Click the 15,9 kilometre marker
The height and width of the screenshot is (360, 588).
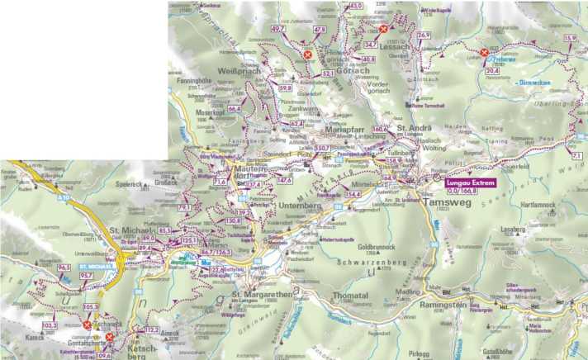(x=569, y=38)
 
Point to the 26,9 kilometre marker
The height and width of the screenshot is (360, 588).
(x=424, y=35)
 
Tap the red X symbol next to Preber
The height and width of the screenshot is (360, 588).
(x=484, y=53)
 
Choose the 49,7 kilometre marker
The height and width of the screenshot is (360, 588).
(x=278, y=29)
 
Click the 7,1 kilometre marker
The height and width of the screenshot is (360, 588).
(x=576, y=154)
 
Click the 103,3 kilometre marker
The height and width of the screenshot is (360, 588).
(x=50, y=326)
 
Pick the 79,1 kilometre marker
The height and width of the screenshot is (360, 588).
(x=184, y=207)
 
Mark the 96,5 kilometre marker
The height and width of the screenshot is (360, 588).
(x=64, y=268)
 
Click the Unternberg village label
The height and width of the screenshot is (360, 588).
(x=287, y=203)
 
